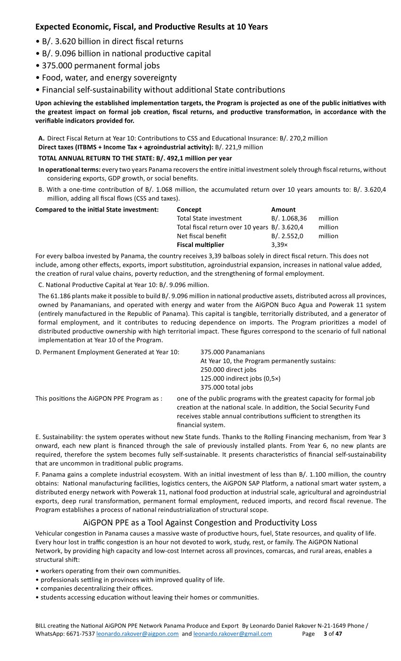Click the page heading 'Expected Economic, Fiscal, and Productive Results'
[151, 27]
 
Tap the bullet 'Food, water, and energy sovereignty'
[106, 77]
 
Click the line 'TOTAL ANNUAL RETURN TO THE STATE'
[135, 158]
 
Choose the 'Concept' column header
[189, 210]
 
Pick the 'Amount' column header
[283, 210]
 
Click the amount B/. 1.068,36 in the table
[289, 218]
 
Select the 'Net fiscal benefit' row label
[201, 236]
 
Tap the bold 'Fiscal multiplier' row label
[200, 245]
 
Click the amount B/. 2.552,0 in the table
[287, 236]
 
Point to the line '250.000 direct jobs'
[228, 370]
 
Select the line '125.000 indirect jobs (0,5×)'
[241, 379]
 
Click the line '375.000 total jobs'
[226, 388]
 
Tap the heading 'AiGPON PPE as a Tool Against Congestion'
[200, 523]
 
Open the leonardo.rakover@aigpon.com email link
[137, 634]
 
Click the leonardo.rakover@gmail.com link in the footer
[233, 634]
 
